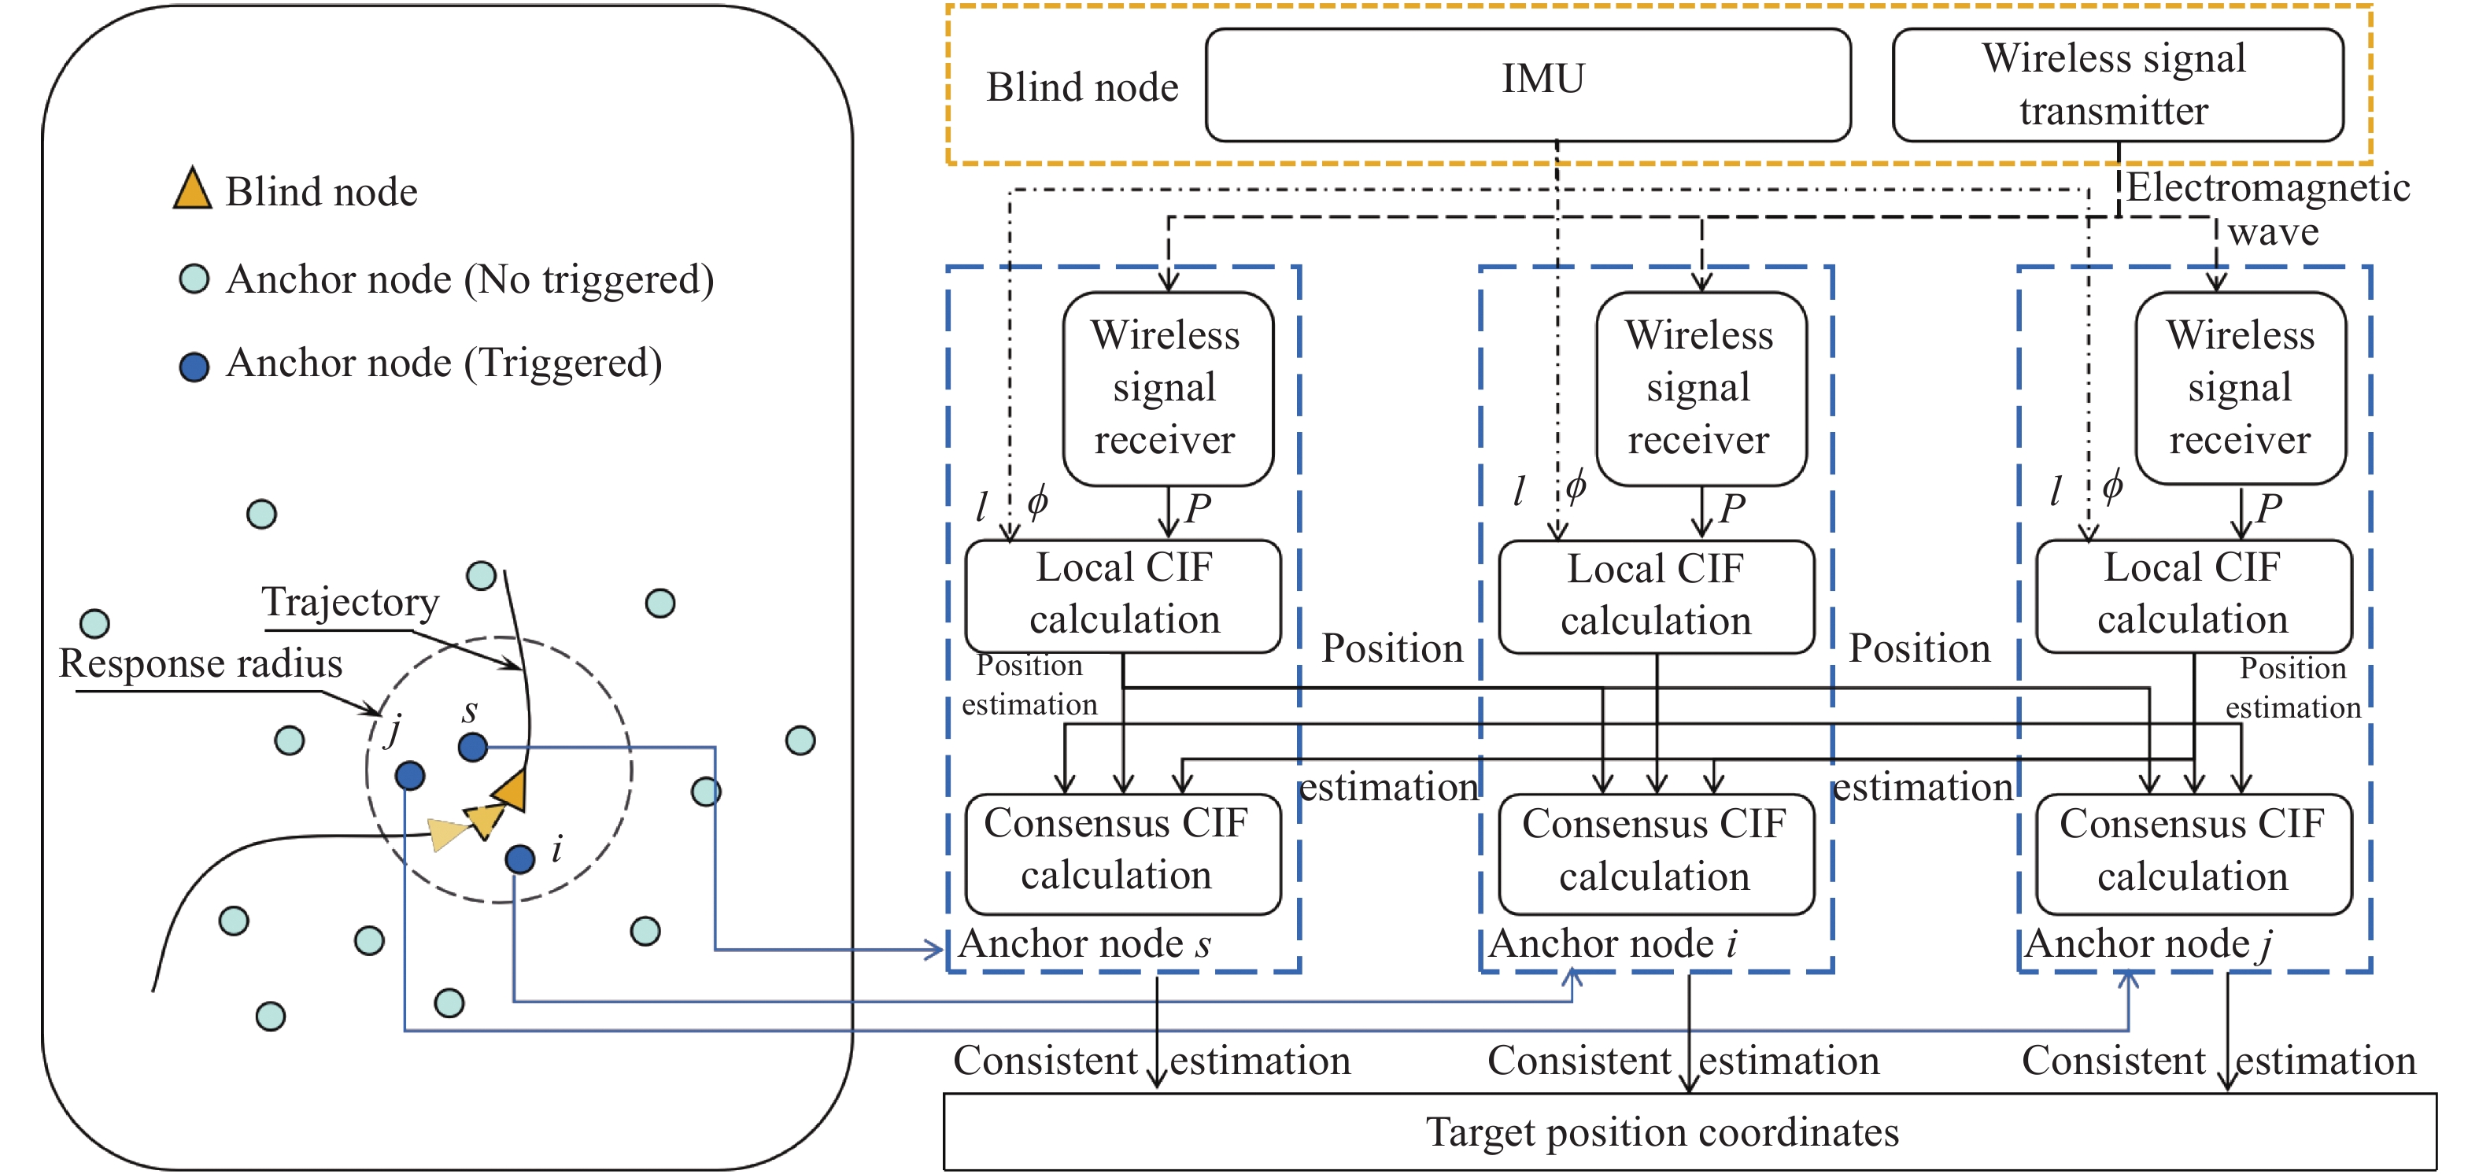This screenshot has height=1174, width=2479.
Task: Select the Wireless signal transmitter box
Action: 2116,85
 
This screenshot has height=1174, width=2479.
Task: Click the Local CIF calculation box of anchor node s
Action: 1123,596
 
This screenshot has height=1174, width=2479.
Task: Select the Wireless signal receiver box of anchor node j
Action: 2240,388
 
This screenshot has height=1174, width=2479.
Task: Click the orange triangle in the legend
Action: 193,190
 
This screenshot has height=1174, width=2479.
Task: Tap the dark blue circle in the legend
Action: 194,367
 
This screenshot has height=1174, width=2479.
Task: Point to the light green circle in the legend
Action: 194,279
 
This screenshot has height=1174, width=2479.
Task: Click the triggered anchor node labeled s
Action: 472,747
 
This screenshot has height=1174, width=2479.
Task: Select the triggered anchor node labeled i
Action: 519,858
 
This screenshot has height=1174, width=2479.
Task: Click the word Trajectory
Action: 350,604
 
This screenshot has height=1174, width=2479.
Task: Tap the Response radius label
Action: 200,664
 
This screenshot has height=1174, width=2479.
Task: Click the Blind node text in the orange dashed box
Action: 1081,87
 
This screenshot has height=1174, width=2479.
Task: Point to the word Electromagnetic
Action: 2267,187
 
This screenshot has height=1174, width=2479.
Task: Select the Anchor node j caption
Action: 2147,944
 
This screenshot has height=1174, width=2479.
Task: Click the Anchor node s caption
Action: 1084,944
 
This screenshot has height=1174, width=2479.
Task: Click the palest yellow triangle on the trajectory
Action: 446,833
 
